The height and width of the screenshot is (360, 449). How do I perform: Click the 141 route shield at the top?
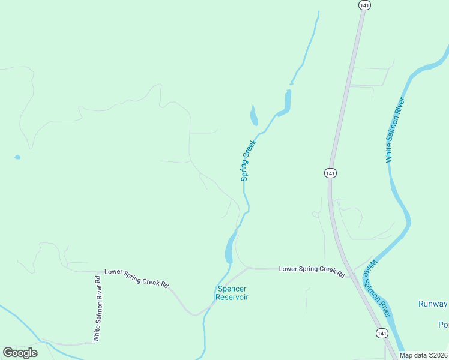point(364,5)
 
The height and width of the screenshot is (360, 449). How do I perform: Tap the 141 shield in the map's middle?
point(330,173)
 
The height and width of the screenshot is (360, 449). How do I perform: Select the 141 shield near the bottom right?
point(382,332)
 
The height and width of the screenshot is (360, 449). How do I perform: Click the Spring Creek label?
point(249,160)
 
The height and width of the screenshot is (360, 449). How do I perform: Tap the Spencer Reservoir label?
point(232,293)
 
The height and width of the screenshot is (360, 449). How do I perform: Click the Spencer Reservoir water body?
point(229,248)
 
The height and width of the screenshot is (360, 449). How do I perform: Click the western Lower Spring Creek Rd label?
point(136,277)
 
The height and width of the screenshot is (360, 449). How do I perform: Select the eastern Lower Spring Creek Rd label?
point(312,271)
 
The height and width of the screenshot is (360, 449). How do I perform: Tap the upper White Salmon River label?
point(396,130)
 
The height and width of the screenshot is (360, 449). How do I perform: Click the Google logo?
point(20,352)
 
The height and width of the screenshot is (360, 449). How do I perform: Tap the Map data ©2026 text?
point(423,355)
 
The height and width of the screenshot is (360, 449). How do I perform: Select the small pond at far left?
point(17,157)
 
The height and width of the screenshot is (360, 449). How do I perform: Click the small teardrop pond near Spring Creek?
point(253,114)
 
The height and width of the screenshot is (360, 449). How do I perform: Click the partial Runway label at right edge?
point(433,304)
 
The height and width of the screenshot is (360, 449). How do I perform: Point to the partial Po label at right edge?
point(443,325)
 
